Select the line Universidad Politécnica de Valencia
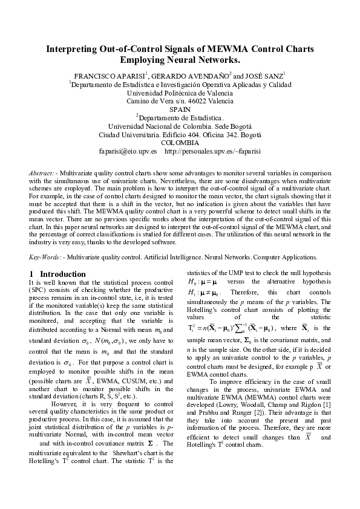click(180, 93)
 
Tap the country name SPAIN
click(180, 109)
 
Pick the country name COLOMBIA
click(180, 143)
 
